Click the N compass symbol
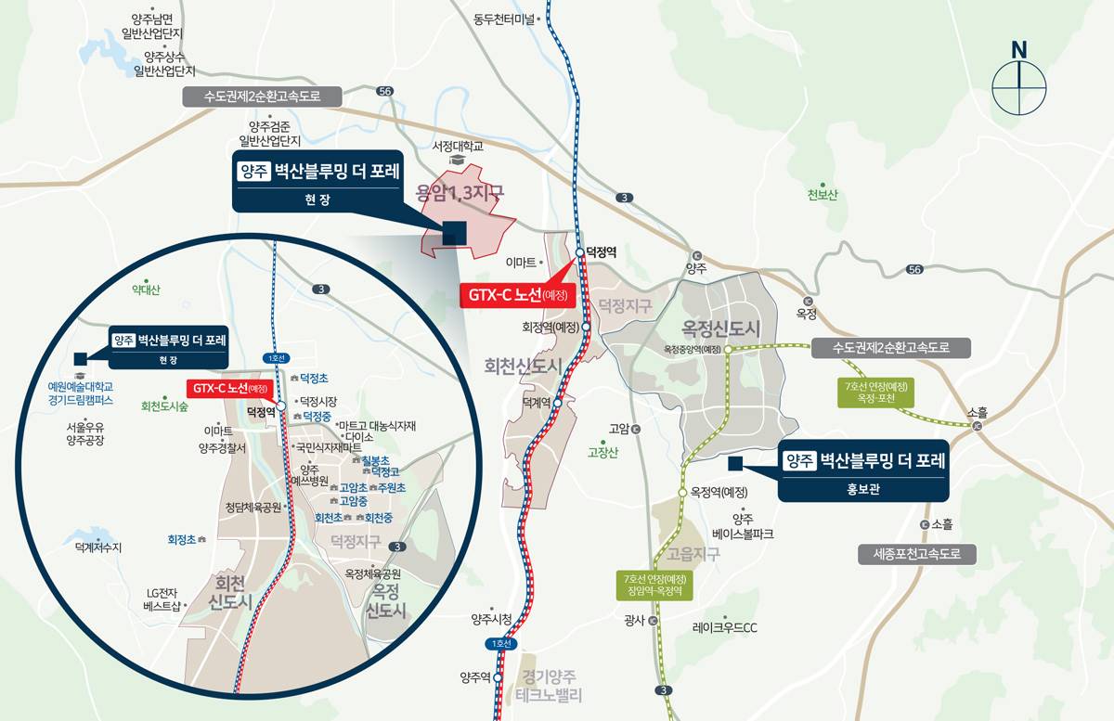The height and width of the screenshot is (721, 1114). point(1018,78)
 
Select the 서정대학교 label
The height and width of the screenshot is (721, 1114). point(458,147)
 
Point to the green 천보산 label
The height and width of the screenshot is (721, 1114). point(823,195)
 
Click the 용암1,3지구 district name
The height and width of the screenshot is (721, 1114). point(460,193)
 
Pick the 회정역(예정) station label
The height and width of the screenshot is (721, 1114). point(551,327)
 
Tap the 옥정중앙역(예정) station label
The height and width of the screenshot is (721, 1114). point(693,350)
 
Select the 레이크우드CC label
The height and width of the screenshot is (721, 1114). point(725,627)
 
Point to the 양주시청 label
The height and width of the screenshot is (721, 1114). point(492,619)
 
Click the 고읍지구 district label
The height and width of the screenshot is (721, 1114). point(692,554)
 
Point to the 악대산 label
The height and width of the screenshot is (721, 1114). point(145,290)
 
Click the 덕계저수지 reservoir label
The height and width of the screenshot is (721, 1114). point(98,547)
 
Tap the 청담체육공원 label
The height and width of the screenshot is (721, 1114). point(253,508)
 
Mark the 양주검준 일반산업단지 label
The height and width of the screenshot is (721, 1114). point(270,133)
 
